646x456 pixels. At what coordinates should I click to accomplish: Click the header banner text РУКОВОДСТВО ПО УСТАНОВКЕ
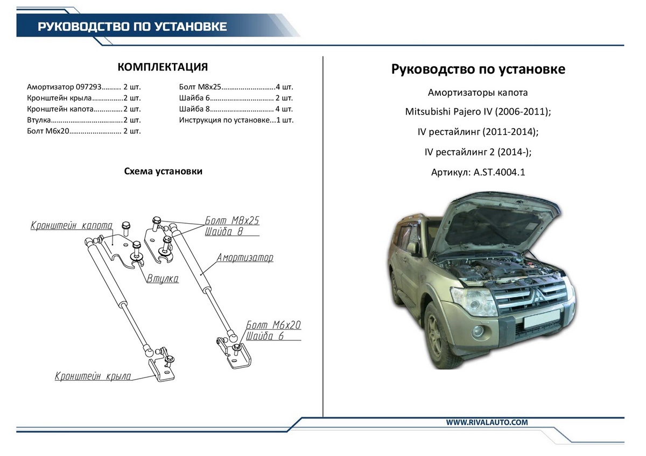[x=132, y=26]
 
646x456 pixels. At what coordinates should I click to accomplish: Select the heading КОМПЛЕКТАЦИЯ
[x=163, y=67]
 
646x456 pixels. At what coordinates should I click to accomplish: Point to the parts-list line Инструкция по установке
[x=236, y=120]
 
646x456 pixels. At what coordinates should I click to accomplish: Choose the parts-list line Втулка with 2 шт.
[x=83, y=120]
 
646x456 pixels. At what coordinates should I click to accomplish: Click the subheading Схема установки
[x=163, y=172]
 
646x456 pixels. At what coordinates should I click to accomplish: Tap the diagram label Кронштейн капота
[x=71, y=225]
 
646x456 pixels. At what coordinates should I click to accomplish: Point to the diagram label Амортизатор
[x=245, y=258]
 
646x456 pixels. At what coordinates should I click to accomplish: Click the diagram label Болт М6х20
[x=273, y=325]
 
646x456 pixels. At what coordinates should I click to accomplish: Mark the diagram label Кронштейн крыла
[x=93, y=376]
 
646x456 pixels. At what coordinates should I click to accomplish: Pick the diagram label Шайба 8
[x=224, y=232]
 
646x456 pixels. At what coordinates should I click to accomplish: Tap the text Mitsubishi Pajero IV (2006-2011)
[x=478, y=112]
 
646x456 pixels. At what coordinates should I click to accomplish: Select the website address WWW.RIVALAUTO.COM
[x=487, y=423]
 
